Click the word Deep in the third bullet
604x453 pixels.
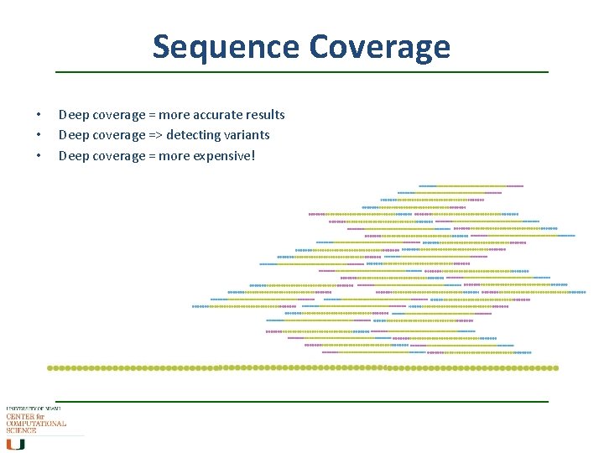[x=72, y=155]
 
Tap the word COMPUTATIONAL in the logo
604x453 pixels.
[x=36, y=424]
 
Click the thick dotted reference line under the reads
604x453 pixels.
[x=302, y=367]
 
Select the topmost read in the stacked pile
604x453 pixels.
[x=471, y=185]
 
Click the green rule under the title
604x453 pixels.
[x=302, y=72]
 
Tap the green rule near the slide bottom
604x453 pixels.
[x=302, y=401]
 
